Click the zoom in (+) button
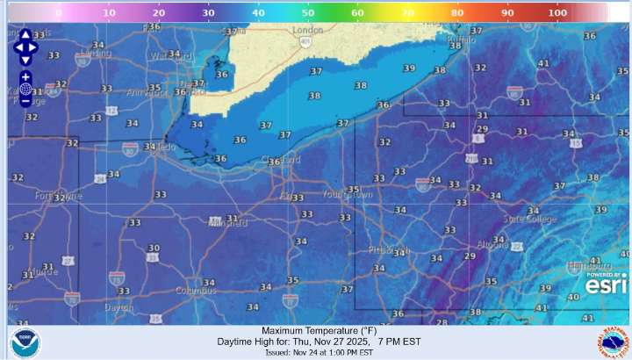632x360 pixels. (25, 76)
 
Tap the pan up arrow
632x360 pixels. (25, 34)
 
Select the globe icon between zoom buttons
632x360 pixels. (25, 89)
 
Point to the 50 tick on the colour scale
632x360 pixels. (308, 13)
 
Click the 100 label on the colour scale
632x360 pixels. (557, 13)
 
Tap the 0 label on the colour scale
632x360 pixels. (58, 13)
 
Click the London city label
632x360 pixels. (306, 30)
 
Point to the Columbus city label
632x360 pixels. (195, 291)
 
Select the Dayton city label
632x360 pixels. (93, 307)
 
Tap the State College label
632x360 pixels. (529, 219)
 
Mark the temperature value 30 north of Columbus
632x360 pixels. (154, 248)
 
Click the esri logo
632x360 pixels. (607, 285)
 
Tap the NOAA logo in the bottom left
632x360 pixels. (25, 342)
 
